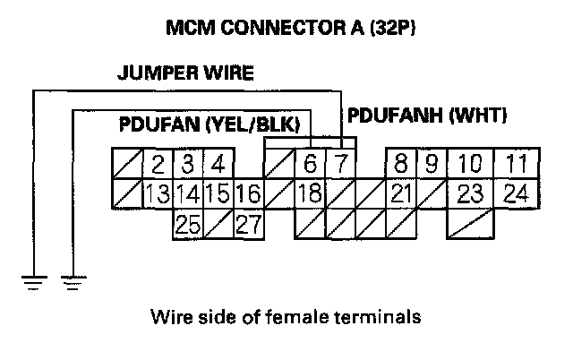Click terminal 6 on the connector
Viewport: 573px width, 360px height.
[x=310, y=165]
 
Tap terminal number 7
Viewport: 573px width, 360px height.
[x=340, y=165]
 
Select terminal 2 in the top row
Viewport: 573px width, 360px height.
[x=158, y=165]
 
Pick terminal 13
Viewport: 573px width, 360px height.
[x=158, y=193]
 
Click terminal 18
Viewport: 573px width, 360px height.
[x=309, y=193]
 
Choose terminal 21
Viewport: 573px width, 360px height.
[x=401, y=193]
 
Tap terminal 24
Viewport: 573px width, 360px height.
[x=515, y=193]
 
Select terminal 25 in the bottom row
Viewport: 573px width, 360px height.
[x=188, y=223]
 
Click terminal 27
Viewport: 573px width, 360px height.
[x=248, y=223]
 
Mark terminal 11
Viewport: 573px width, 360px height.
[x=515, y=165]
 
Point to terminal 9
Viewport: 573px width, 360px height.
[x=432, y=165]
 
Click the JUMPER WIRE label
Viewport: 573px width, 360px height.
[x=185, y=73]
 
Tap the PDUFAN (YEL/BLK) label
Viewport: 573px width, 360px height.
[x=210, y=123]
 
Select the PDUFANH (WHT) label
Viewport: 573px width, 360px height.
[x=427, y=116]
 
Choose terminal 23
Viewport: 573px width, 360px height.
[x=470, y=193]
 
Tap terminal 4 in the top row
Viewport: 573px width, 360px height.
[x=218, y=165]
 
